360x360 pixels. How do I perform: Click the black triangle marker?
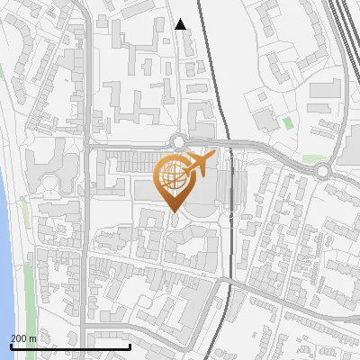(x=181, y=25)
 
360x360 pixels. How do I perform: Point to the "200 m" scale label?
(x=23, y=338)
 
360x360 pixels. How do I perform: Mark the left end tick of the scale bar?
(x=11, y=346)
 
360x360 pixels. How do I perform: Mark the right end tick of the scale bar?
(x=130, y=346)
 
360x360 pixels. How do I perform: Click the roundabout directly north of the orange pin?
(x=179, y=140)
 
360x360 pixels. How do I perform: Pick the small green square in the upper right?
(x=288, y=122)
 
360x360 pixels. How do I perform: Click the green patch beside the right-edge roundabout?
(x=312, y=158)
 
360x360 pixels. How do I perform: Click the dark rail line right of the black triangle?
(x=209, y=54)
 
